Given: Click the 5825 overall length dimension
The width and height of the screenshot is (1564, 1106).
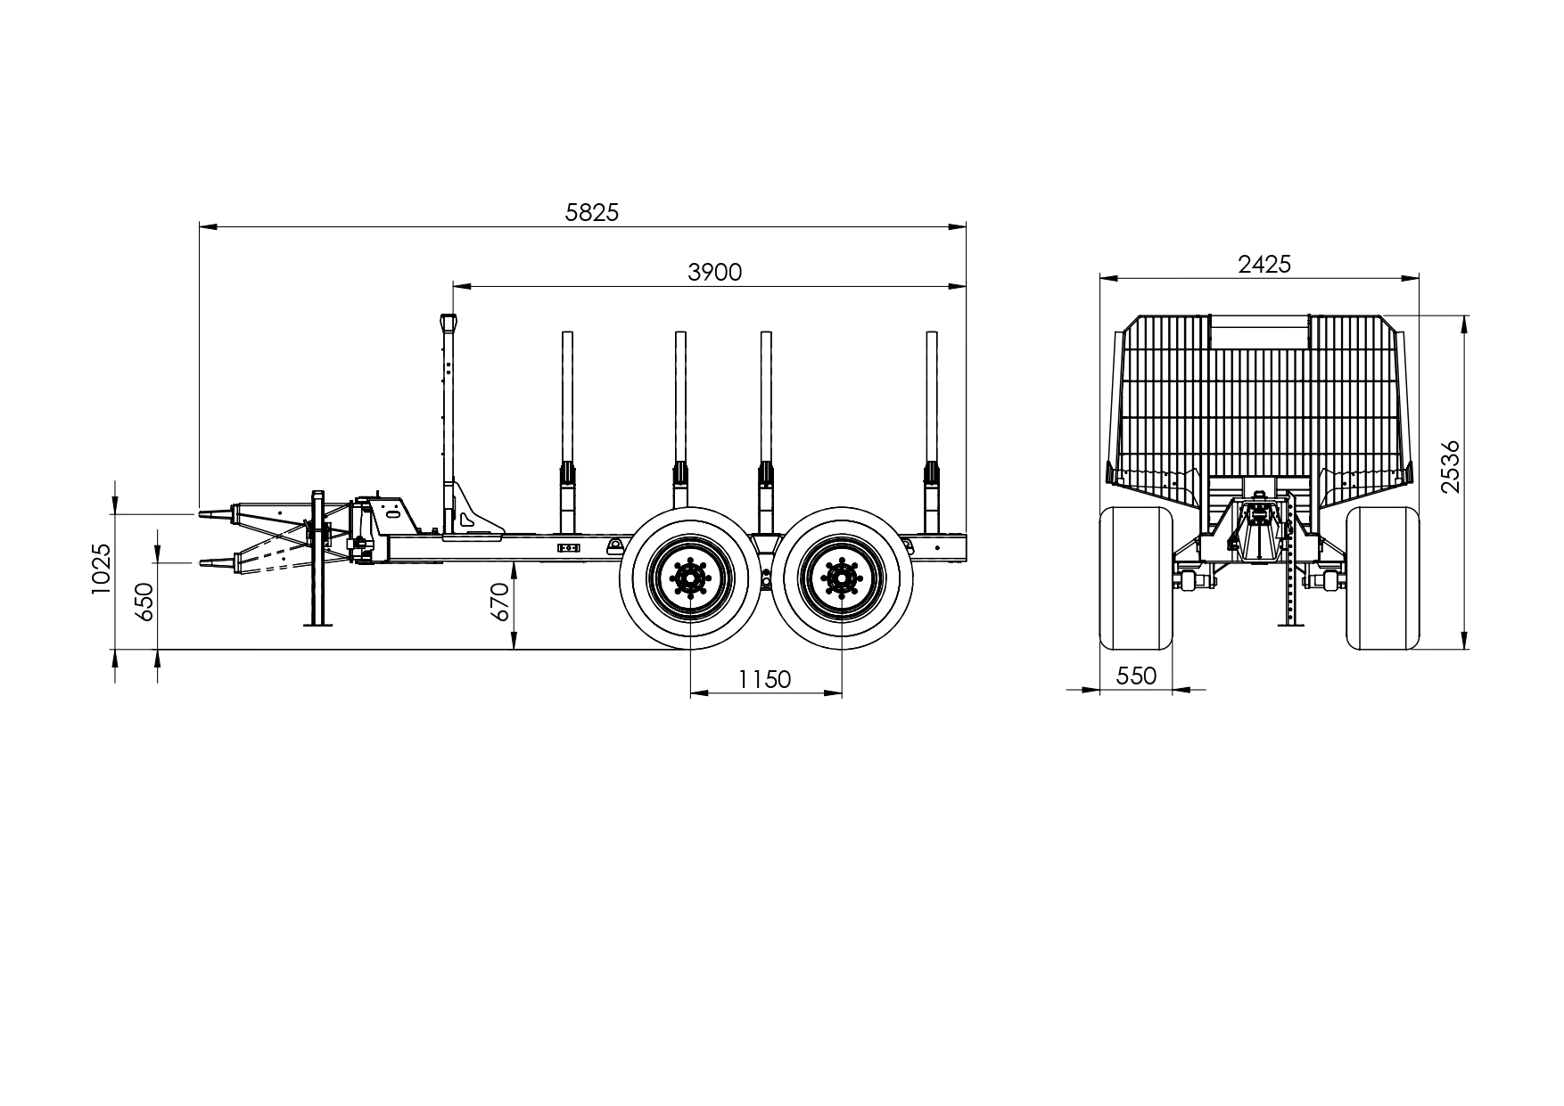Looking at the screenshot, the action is (x=591, y=212).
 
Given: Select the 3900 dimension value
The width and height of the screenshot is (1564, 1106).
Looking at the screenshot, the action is (x=714, y=272).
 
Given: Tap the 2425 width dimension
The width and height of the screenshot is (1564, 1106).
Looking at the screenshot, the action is (x=1264, y=264).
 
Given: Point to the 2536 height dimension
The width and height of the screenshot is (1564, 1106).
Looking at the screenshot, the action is (x=1451, y=465).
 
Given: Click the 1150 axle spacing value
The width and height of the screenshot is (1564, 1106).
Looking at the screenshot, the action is (x=764, y=679).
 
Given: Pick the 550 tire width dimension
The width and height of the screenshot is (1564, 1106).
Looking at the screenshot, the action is (x=1136, y=676).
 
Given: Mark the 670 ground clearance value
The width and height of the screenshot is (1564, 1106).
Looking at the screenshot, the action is (x=498, y=602).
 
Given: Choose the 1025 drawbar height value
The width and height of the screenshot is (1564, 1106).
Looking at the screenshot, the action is (x=101, y=569).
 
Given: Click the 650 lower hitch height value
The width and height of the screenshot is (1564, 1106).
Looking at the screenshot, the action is (x=144, y=602).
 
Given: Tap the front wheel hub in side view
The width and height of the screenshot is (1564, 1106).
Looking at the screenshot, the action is (x=690, y=578).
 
